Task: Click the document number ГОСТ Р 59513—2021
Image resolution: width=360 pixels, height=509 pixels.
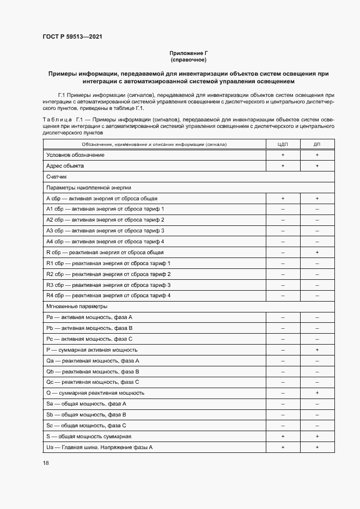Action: coord(72,37)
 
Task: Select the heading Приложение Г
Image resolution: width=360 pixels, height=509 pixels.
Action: coord(188,53)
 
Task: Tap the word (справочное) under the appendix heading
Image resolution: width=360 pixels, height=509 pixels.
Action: coord(188,59)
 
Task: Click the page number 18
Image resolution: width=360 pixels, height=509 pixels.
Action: coord(45,463)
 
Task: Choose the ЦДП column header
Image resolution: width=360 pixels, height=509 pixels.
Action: coord(283,144)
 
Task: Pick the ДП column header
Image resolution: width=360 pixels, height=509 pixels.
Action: coord(317,144)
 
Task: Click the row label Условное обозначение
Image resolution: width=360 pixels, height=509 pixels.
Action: coord(75,155)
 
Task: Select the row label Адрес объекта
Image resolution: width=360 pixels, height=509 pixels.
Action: coord(65,166)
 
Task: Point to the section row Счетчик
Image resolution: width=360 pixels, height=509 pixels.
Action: coord(57,177)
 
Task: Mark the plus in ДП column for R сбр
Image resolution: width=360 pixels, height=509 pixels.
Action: coord(317,253)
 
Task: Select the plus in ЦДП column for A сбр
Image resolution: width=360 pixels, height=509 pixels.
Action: coord(283,199)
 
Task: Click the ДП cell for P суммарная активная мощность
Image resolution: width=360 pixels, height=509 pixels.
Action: coord(317,349)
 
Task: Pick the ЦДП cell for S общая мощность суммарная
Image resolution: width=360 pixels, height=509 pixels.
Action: coord(283,436)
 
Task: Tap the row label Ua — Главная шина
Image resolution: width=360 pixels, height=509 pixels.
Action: coord(100,447)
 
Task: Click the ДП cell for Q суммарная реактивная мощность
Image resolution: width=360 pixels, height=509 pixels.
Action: coord(317,393)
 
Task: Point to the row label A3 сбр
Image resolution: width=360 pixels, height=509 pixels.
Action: coord(106,231)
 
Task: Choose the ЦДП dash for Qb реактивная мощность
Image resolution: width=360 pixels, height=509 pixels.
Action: coord(283,371)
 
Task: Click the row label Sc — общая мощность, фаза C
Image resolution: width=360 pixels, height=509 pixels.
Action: coord(87,425)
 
